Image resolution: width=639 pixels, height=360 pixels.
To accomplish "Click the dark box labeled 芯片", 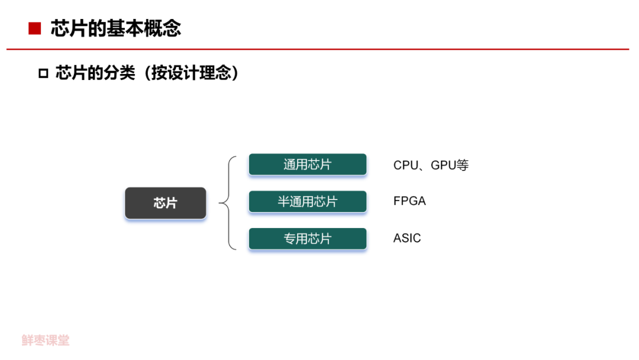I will click(165, 203).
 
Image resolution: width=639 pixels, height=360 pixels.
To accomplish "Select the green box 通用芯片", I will click(307, 165).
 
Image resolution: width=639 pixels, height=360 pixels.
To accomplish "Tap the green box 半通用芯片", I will click(307, 201).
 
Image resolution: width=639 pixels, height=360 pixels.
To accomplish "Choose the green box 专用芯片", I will click(307, 239).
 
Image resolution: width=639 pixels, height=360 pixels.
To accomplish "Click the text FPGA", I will click(409, 201).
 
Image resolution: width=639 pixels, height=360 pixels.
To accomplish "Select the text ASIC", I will click(407, 238).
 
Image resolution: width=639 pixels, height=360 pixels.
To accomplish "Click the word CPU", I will click(405, 165).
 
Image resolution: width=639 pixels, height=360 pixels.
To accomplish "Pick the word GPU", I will click(443, 165).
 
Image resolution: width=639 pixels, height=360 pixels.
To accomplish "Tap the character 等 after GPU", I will click(463, 165).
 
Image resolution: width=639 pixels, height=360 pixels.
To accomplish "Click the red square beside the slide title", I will click(34, 28).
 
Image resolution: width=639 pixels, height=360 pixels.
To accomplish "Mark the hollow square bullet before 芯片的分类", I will click(43, 74).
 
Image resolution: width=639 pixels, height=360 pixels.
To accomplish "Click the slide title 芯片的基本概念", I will click(116, 28).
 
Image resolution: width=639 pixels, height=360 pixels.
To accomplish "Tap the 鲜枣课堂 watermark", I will click(46, 340).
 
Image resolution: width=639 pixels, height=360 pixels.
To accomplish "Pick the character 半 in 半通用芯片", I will click(284, 202).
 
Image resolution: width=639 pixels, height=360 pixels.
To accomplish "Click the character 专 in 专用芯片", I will click(290, 239).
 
